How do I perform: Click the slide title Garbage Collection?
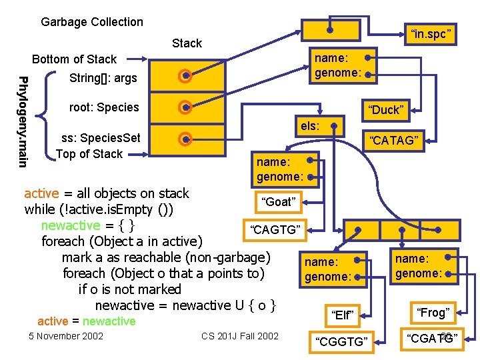pyautogui.click(x=92, y=22)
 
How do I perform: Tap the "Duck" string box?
pyautogui.click(x=386, y=109)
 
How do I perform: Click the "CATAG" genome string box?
pyautogui.click(x=395, y=139)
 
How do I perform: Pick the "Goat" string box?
pyautogui.click(x=279, y=201)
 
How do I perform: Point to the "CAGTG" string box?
pyautogui.click(x=275, y=230)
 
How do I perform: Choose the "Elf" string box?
pyautogui.click(x=341, y=313)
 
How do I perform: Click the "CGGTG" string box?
pyautogui.click(x=341, y=341)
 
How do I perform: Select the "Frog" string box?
pyautogui.click(x=433, y=312)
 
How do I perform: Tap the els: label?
pyautogui.click(x=310, y=125)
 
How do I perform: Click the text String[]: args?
pyautogui.click(x=103, y=78)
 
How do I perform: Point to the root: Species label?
pyautogui.click(x=104, y=107)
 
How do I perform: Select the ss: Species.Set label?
pyautogui.click(x=101, y=138)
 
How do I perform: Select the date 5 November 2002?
pyautogui.click(x=66, y=335)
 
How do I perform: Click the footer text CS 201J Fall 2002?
pyautogui.click(x=240, y=335)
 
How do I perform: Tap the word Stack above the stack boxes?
pyautogui.click(x=187, y=43)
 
